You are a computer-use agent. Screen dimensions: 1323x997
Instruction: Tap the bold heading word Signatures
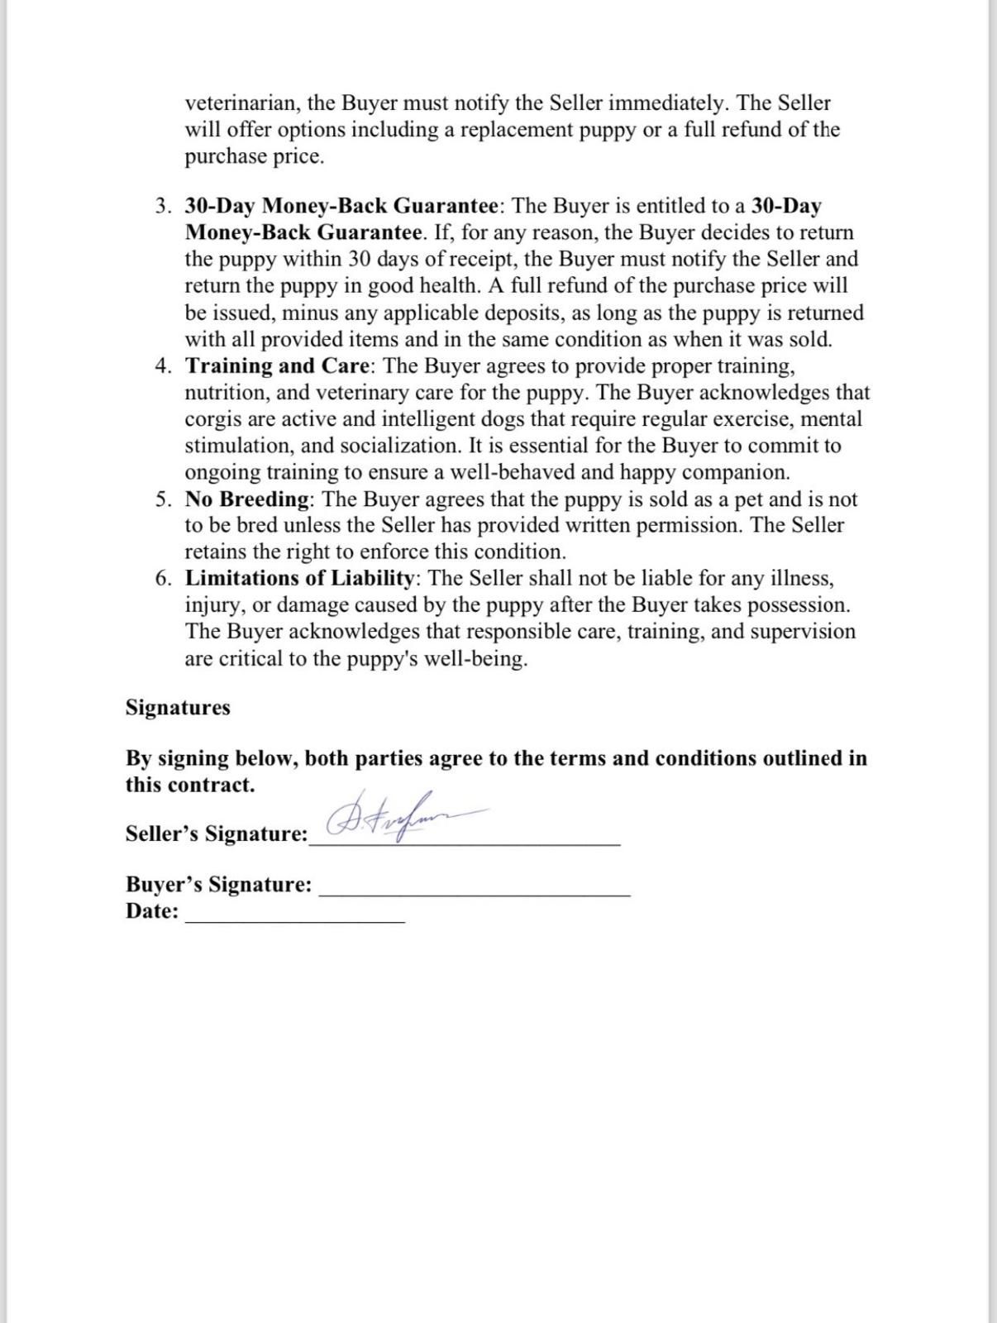[x=178, y=708]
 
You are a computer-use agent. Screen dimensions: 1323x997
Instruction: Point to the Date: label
[x=152, y=911]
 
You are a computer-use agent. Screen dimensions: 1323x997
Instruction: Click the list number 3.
[x=163, y=206]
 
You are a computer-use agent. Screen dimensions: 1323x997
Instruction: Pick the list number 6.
[x=163, y=578]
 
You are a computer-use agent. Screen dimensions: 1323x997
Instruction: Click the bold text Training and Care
[x=278, y=365]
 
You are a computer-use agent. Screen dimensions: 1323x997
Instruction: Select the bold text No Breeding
[x=247, y=499]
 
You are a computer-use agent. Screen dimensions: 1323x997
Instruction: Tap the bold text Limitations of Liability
[x=298, y=578]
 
